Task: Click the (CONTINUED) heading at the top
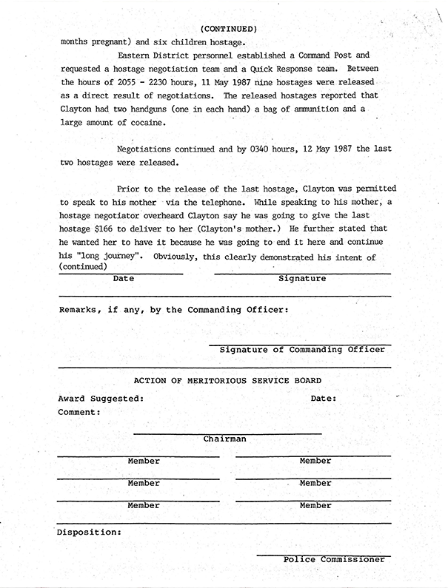229,29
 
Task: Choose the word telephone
224,202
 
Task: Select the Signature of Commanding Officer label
302,349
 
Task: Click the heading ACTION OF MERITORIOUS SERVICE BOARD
227,380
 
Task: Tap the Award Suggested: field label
101,398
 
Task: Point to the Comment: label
79,412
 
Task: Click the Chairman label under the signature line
225,439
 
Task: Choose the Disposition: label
90,531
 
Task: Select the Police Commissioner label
334,559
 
